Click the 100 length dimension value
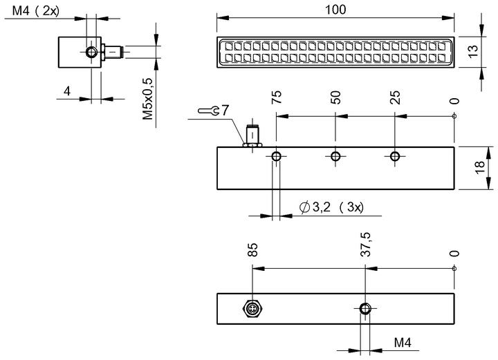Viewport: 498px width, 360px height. [x=335, y=10]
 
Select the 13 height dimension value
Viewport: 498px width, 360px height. [x=473, y=51]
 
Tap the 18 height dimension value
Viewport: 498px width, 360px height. [x=479, y=167]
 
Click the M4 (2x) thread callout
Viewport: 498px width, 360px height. [x=36, y=11]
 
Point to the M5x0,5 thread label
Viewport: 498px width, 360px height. [x=148, y=99]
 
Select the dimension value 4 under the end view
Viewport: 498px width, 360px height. [x=66, y=91]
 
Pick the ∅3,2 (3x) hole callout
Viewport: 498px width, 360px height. [x=331, y=207]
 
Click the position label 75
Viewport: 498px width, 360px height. [x=276, y=97]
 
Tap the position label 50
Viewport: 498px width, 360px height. [x=335, y=97]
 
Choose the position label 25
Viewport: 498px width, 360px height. [x=395, y=97]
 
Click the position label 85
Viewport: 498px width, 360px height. [x=252, y=249]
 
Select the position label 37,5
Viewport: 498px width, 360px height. [x=366, y=244]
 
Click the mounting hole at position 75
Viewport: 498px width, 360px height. [x=276, y=156]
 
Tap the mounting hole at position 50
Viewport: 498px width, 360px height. [x=335, y=156]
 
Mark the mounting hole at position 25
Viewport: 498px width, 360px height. [x=395, y=156]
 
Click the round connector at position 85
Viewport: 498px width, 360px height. [x=252, y=309]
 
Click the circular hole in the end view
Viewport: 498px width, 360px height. [x=91, y=52]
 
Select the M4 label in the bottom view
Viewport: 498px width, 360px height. [x=403, y=343]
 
